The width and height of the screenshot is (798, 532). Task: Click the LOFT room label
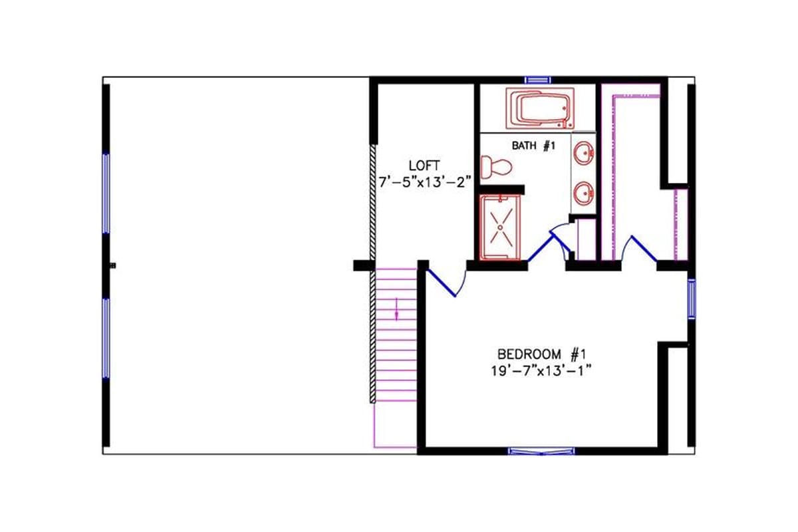pos(424,164)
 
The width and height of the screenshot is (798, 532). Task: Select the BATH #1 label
pos(533,146)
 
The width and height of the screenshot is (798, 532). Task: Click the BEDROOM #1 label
pos(540,353)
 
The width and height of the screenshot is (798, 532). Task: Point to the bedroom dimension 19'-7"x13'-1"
pos(540,370)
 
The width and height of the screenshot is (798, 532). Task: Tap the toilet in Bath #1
pos(495,166)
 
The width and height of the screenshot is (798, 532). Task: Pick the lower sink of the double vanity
pos(584,194)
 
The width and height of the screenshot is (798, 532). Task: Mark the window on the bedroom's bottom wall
pos(542,451)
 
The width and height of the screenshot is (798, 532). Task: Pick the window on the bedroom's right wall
pos(691,299)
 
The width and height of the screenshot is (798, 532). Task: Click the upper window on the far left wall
pos(106,192)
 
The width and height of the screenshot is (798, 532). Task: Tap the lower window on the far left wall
pos(106,338)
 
